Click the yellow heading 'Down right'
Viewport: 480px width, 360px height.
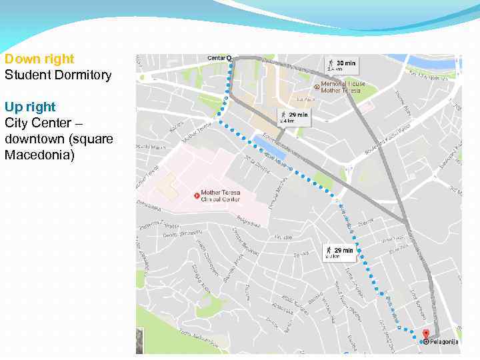(x=39, y=59)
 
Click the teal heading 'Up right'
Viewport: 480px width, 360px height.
(x=30, y=107)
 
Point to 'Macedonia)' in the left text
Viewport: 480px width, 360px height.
(x=39, y=155)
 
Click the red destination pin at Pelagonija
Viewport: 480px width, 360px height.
(x=427, y=333)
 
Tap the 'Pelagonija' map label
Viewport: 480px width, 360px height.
(x=445, y=342)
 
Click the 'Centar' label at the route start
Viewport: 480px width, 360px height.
(x=216, y=58)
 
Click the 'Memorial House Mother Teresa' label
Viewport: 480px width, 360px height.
(x=343, y=87)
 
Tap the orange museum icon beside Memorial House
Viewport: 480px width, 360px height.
(x=317, y=87)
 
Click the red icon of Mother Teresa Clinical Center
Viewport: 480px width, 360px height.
(x=196, y=195)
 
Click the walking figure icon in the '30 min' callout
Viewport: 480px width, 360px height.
(x=330, y=64)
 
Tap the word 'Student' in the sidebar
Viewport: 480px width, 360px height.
(x=25, y=75)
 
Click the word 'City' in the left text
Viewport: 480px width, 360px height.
(x=16, y=123)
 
